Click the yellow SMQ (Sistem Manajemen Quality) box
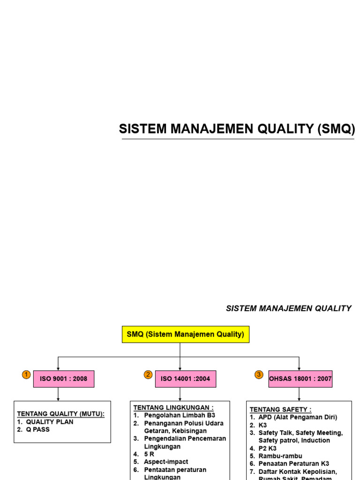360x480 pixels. point(186,335)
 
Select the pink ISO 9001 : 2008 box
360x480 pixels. point(64,379)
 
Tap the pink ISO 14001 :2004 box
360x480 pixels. point(186,379)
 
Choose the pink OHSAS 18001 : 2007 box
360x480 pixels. point(300,379)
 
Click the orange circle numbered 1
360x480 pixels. point(26,375)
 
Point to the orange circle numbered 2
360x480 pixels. point(148,375)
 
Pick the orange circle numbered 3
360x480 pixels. point(259,375)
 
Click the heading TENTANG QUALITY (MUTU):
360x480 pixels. point(61,414)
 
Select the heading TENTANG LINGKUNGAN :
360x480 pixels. point(173,408)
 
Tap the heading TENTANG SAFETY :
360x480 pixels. point(280,410)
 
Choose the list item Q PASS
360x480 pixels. point(37,429)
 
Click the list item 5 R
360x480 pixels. point(150,454)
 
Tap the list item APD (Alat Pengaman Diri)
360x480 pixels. point(298,417)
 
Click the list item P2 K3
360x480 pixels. point(268,448)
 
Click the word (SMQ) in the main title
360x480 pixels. point(336,129)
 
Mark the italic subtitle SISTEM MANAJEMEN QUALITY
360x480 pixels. point(289,308)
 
